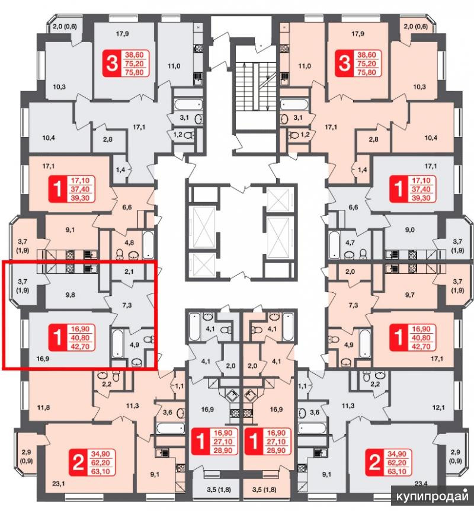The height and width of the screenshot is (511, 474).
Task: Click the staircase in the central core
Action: tap(252, 83)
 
